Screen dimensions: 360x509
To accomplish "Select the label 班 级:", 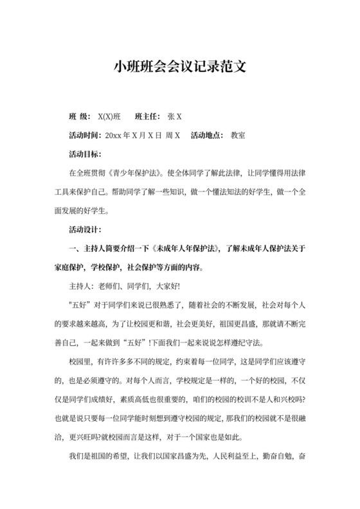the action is [80, 117].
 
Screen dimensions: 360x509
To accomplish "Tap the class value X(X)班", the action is [109, 117].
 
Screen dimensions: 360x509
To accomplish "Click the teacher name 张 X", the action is [174, 117].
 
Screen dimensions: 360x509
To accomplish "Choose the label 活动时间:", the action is [85, 136].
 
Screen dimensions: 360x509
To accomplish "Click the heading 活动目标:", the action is [85, 154].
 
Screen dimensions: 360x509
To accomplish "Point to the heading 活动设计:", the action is [85, 229].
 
